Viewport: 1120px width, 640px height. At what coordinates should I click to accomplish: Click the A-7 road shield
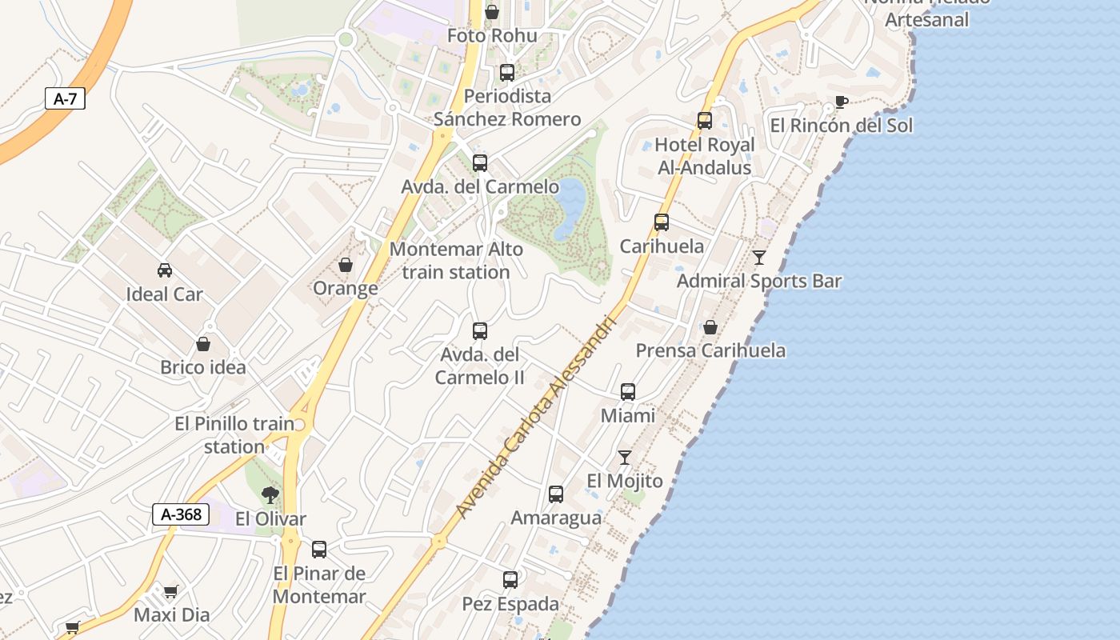tap(64, 99)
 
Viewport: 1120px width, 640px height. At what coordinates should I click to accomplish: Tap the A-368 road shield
tap(181, 514)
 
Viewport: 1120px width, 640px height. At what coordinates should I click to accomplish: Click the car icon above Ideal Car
tap(165, 270)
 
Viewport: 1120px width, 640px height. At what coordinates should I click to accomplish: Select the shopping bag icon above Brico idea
tap(203, 344)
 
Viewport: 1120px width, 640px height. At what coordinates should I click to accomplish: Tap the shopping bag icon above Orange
tap(346, 265)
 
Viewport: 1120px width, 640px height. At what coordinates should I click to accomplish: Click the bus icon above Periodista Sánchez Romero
tap(507, 73)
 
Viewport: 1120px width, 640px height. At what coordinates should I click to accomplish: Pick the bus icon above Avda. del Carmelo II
tap(480, 330)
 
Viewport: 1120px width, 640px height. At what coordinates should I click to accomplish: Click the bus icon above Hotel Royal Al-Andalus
tap(705, 121)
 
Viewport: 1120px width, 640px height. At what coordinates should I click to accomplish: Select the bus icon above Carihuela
tap(662, 222)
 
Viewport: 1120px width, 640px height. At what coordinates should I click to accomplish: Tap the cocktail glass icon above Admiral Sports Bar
tap(759, 258)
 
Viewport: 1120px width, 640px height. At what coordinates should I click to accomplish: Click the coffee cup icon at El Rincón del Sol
tap(841, 102)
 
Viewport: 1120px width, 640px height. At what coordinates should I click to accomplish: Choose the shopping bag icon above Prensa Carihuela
tap(710, 327)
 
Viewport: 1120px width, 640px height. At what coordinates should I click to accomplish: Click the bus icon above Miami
tap(628, 392)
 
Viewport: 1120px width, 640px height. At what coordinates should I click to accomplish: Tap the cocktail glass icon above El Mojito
tap(625, 458)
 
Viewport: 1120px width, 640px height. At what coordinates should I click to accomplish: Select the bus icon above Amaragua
tap(556, 494)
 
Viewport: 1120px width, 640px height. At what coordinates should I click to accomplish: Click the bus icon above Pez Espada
tap(510, 580)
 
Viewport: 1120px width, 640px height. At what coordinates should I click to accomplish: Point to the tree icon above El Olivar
tap(270, 495)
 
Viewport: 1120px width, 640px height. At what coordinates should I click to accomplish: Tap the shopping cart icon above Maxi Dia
tap(170, 592)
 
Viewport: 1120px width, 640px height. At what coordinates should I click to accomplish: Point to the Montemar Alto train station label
tap(456, 261)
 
